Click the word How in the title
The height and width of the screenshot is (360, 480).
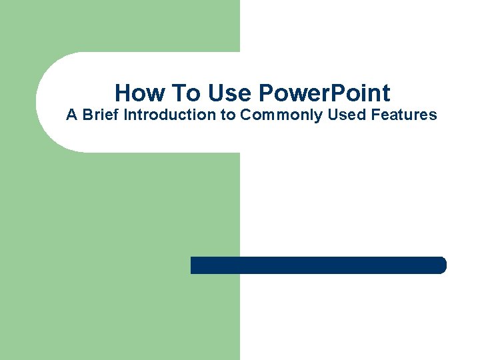click(136, 92)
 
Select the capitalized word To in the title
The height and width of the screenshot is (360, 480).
click(177, 92)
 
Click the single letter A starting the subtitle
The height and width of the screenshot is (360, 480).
click(71, 115)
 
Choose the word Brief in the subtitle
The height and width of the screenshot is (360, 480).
click(101, 115)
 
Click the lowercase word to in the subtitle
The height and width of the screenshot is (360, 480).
click(227, 115)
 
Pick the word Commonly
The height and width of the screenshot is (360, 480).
click(282, 115)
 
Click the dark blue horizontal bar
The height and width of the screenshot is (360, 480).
click(318, 265)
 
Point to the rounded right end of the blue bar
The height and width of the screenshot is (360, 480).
click(441, 265)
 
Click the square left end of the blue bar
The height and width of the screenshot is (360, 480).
click(193, 265)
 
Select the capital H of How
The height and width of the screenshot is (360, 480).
click(122, 92)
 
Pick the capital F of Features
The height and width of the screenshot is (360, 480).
click(374, 115)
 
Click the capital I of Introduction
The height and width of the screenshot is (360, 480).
click(126, 115)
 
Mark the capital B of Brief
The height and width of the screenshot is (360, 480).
click(87, 115)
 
